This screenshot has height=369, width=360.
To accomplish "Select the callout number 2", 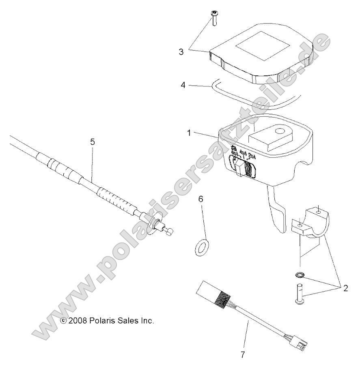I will [345, 288].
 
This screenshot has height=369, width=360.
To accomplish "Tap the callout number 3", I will [181, 52].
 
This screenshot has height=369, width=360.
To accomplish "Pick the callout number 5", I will [93, 142].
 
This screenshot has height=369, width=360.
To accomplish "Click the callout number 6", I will [201, 199].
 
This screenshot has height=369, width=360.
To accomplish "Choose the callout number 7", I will [243, 354].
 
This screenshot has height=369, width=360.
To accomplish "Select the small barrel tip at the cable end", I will [169, 231].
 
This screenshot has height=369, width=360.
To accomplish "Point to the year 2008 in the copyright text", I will [77, 320].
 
